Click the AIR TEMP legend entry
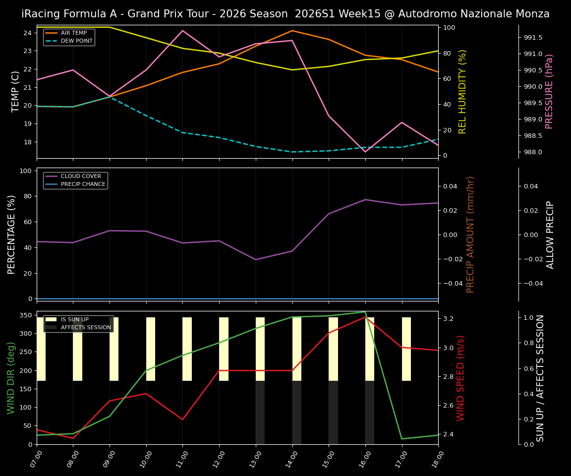pyautogui.click(x=73, y=33)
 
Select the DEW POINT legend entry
pyautogui.click(x=76, y=41)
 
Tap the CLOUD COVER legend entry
pyautogui.click(x=80, y=177)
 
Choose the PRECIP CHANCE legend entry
pyautogui.click(x=83, y=184)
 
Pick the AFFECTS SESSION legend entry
pyautogui.click(x=85, y=328)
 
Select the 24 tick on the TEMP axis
pyautogui.click(x=28, y=33)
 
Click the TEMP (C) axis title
pyautogui.click(x=16, y=91)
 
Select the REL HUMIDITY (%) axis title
pyautogui.click(x=462, y=91)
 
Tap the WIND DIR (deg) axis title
pyautogui.click(x=11, y=378)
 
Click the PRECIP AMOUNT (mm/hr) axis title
pyautogui.click(x=470, y=234)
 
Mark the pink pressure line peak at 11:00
pyautogui.click(x=182, y=31)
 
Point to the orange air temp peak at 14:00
pyautogui.click(x=292, y=31)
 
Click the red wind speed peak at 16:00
pyautogui.click(x=365, y=316)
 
